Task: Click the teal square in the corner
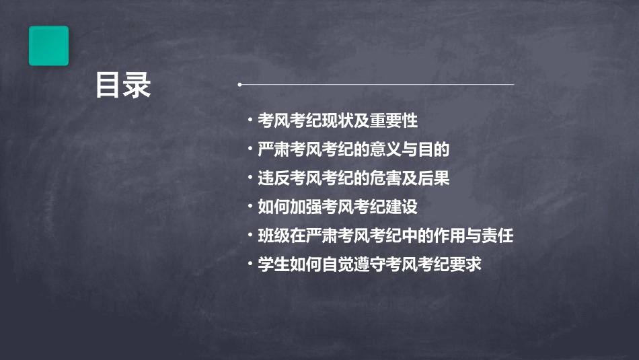(48, 46)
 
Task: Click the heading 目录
(123, 86)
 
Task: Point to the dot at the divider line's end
(239, 85)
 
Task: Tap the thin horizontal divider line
(377, 85)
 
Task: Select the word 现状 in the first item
(338, 120)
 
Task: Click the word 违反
(273, 178)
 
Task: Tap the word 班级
(273, 236)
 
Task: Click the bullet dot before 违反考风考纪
(250, 178)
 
